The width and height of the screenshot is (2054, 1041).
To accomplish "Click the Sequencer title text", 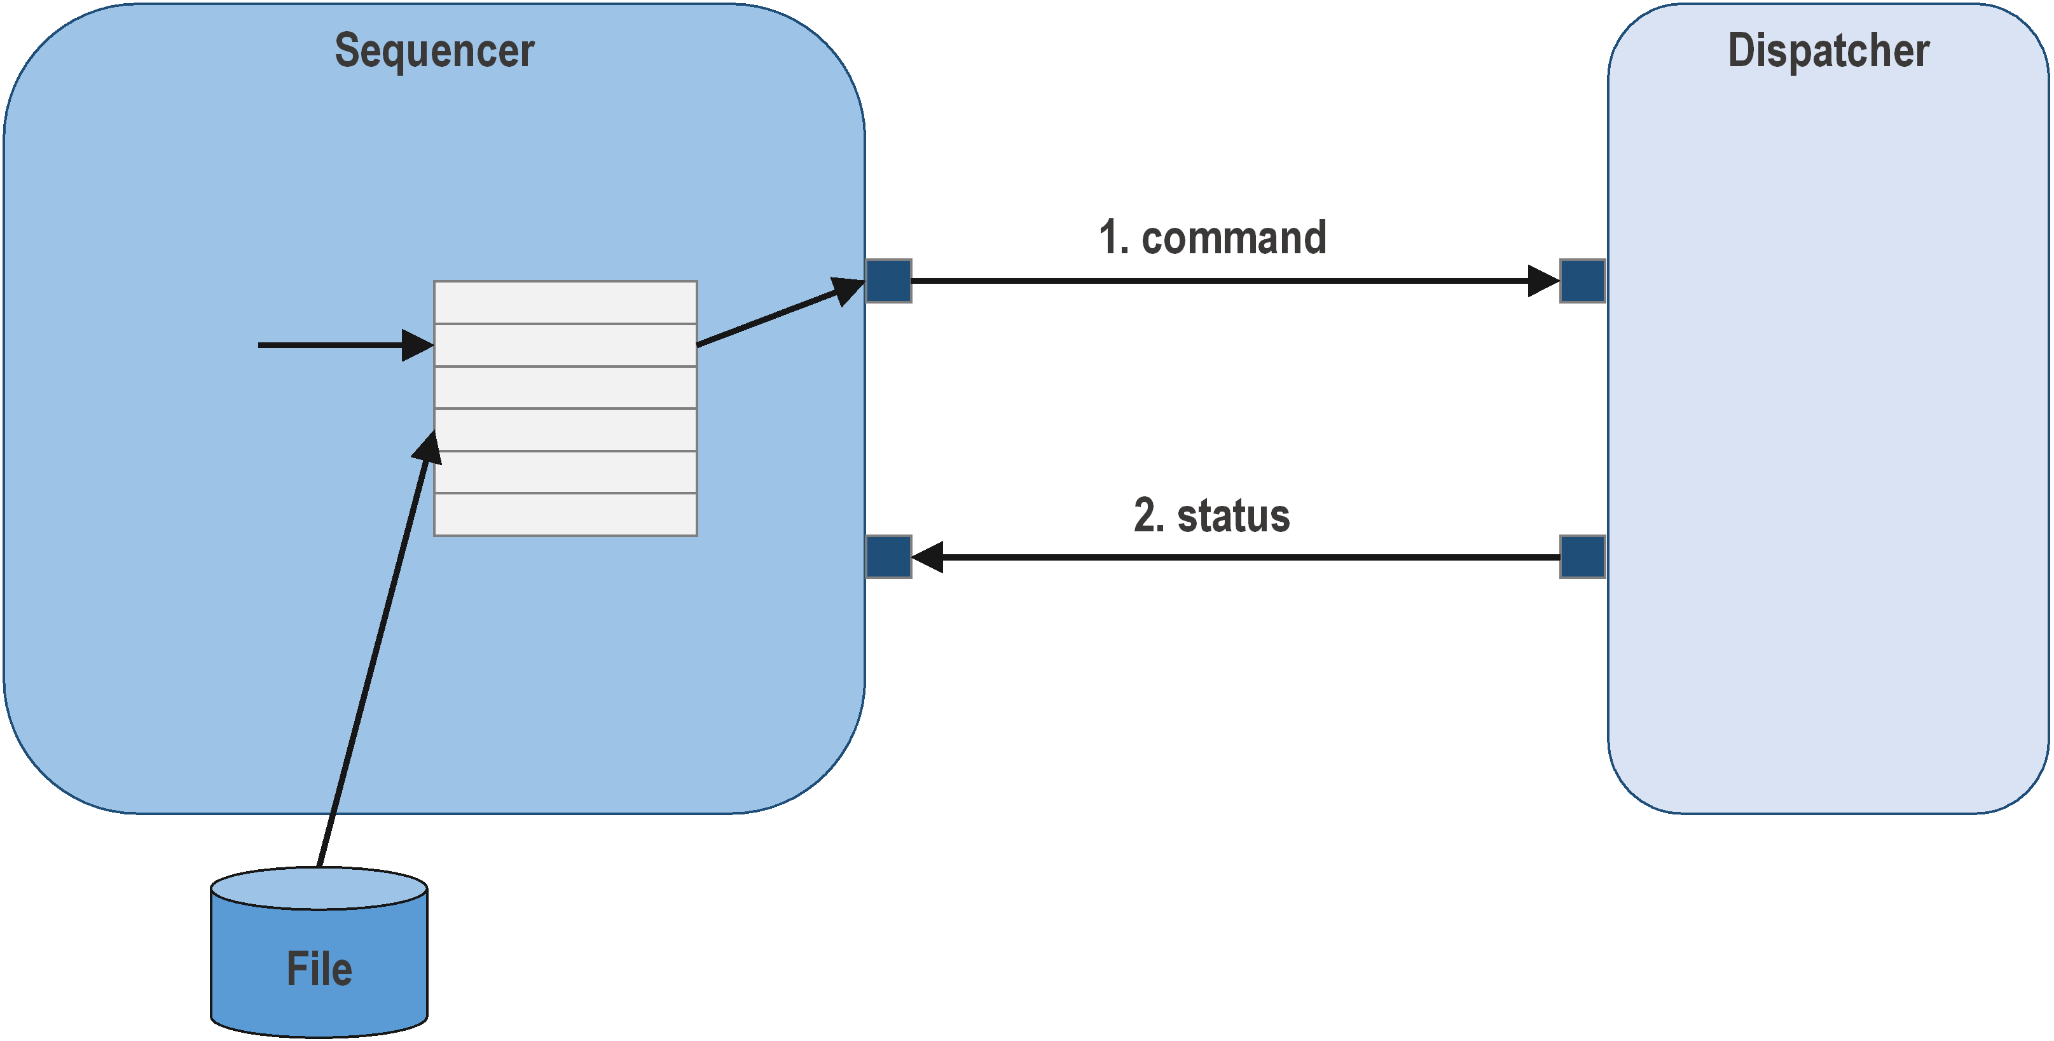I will (x=434, y=51).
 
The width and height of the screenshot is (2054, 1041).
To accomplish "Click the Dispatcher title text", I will (x=1828, y=51).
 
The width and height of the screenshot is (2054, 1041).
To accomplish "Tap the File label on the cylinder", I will (x=319, y=968).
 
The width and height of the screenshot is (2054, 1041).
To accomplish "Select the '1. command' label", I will (x=1212, y=238).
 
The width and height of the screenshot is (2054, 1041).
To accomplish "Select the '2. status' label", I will (x=1211, y=515).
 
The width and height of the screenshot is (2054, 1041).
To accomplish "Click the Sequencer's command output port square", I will (x=888, y=281).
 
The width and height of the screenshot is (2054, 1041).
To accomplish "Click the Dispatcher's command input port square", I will (x=1582, y=281).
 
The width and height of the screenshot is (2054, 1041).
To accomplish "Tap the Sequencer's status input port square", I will (x=888, y=557).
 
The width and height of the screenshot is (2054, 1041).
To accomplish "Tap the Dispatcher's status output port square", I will (x=1582, y=557).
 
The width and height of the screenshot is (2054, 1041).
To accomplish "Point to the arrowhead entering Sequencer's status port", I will (x=927, y=557).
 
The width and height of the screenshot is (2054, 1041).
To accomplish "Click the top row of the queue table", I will (x=565, y=302).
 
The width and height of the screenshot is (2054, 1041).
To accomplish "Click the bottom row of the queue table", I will (x=565, y=515).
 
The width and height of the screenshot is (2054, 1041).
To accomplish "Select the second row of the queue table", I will (x=565, y=345).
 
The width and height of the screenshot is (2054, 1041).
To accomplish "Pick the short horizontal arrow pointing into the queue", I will (x=335, y=346).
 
